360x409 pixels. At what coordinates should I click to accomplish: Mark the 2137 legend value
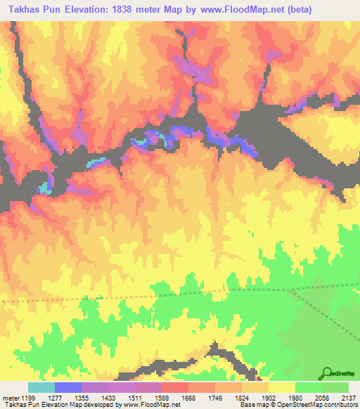coord(349,398)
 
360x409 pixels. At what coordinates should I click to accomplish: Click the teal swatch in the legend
coord(41,388)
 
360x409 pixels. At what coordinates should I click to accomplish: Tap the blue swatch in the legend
coord(68,388)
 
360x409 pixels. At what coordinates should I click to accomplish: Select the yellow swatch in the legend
coord(281,388)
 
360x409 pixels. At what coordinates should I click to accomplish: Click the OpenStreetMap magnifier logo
coord(327,373)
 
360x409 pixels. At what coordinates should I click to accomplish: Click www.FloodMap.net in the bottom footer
coord(151,405)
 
